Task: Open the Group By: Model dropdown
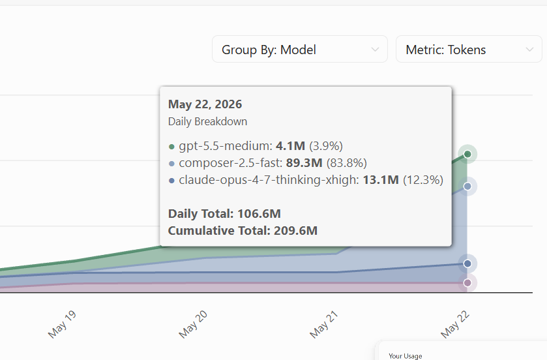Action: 300,49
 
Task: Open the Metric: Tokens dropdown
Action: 469,49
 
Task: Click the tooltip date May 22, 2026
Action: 205,104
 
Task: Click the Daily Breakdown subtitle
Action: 207,121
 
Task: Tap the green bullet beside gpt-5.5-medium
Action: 171,147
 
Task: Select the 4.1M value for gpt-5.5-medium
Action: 290,146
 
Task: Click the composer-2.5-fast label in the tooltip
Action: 231,163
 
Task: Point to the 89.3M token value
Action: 304,163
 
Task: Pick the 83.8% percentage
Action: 347,163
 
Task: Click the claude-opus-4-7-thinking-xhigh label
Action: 269,180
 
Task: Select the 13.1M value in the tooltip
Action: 381,180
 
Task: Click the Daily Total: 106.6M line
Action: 224,213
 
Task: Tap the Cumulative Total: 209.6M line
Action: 243,231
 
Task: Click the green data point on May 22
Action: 467,154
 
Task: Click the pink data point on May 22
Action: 467,283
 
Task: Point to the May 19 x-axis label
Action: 62,324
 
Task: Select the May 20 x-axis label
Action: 193,324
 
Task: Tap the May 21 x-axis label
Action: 324,324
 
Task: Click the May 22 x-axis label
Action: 455,324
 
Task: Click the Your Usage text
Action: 406,356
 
